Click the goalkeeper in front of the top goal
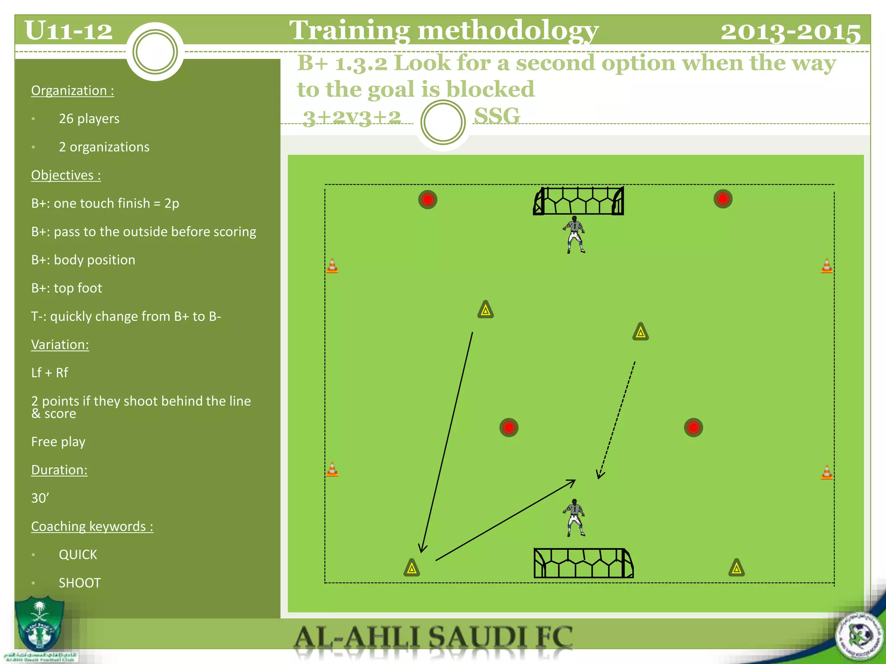tap(575, 234)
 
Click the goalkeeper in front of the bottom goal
tap(575, 518)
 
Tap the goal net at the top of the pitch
tap(578, 201)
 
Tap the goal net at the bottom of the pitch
tap(583, 563)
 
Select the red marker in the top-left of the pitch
tap(428, 200)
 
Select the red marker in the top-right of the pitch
tap(723, 199)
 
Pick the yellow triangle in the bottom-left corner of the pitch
tap(412, 568)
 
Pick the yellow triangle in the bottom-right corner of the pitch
tap(736, 568)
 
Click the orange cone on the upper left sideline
tap(332, 265)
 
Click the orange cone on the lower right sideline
tap(826, 472)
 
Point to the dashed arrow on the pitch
tap(617, 419)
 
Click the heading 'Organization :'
tap(73, 90)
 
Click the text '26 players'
tap(89, 118)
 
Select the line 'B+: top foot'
tap(67, 288)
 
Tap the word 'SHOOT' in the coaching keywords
tap(80, 583)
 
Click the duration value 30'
tap(40, 498)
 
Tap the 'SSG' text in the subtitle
tap(497, 116)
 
